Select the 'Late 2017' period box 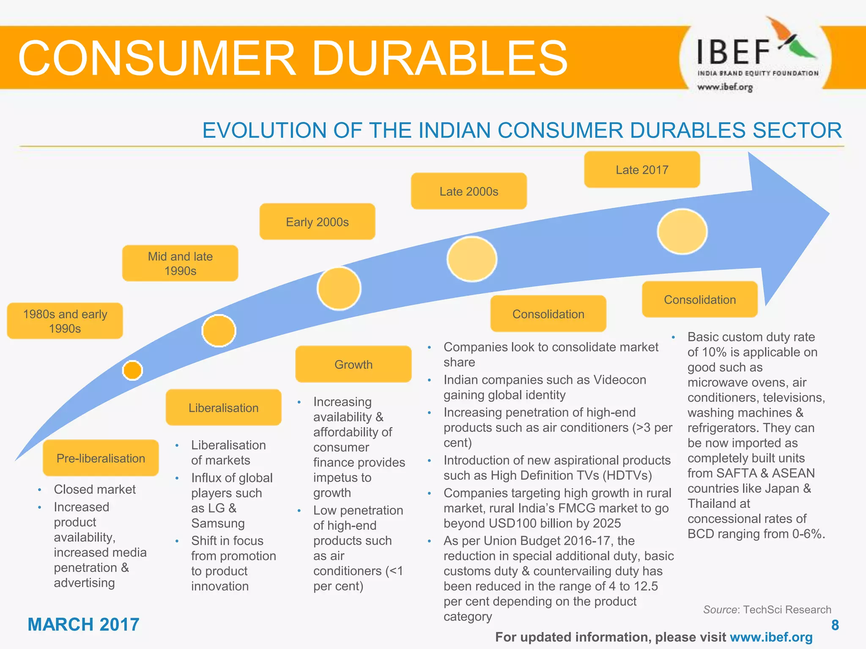pos(641,170)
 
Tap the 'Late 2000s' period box pos(469,191)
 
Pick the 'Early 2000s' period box pos(317,222)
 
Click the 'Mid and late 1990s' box pos(180,263)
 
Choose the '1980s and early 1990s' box pos(65,321)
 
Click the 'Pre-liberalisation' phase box pos(101,458)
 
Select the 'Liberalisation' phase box pos(223,408)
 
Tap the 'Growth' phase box pos(354,364)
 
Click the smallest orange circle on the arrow pos(132,371)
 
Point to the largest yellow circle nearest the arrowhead pos(682,232)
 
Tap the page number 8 pos(835,625)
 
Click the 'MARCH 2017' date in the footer pos(83,624)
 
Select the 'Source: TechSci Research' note pos(767,610)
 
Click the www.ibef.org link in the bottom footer pos(771,637)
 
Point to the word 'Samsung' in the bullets pos(218,523)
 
